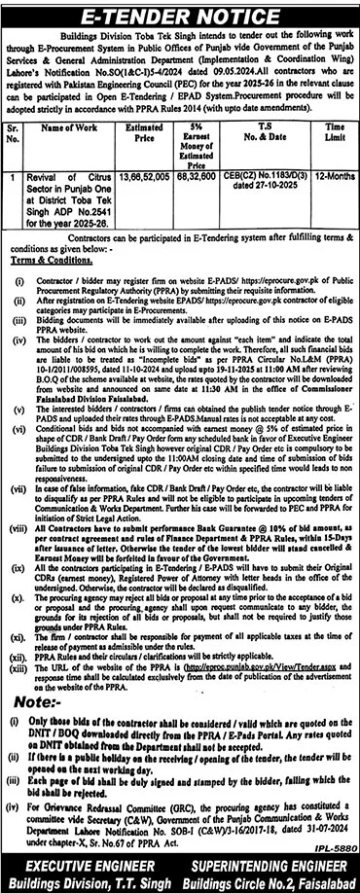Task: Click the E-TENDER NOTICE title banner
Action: (180, 17)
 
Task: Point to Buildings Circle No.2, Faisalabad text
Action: (267, 882)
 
